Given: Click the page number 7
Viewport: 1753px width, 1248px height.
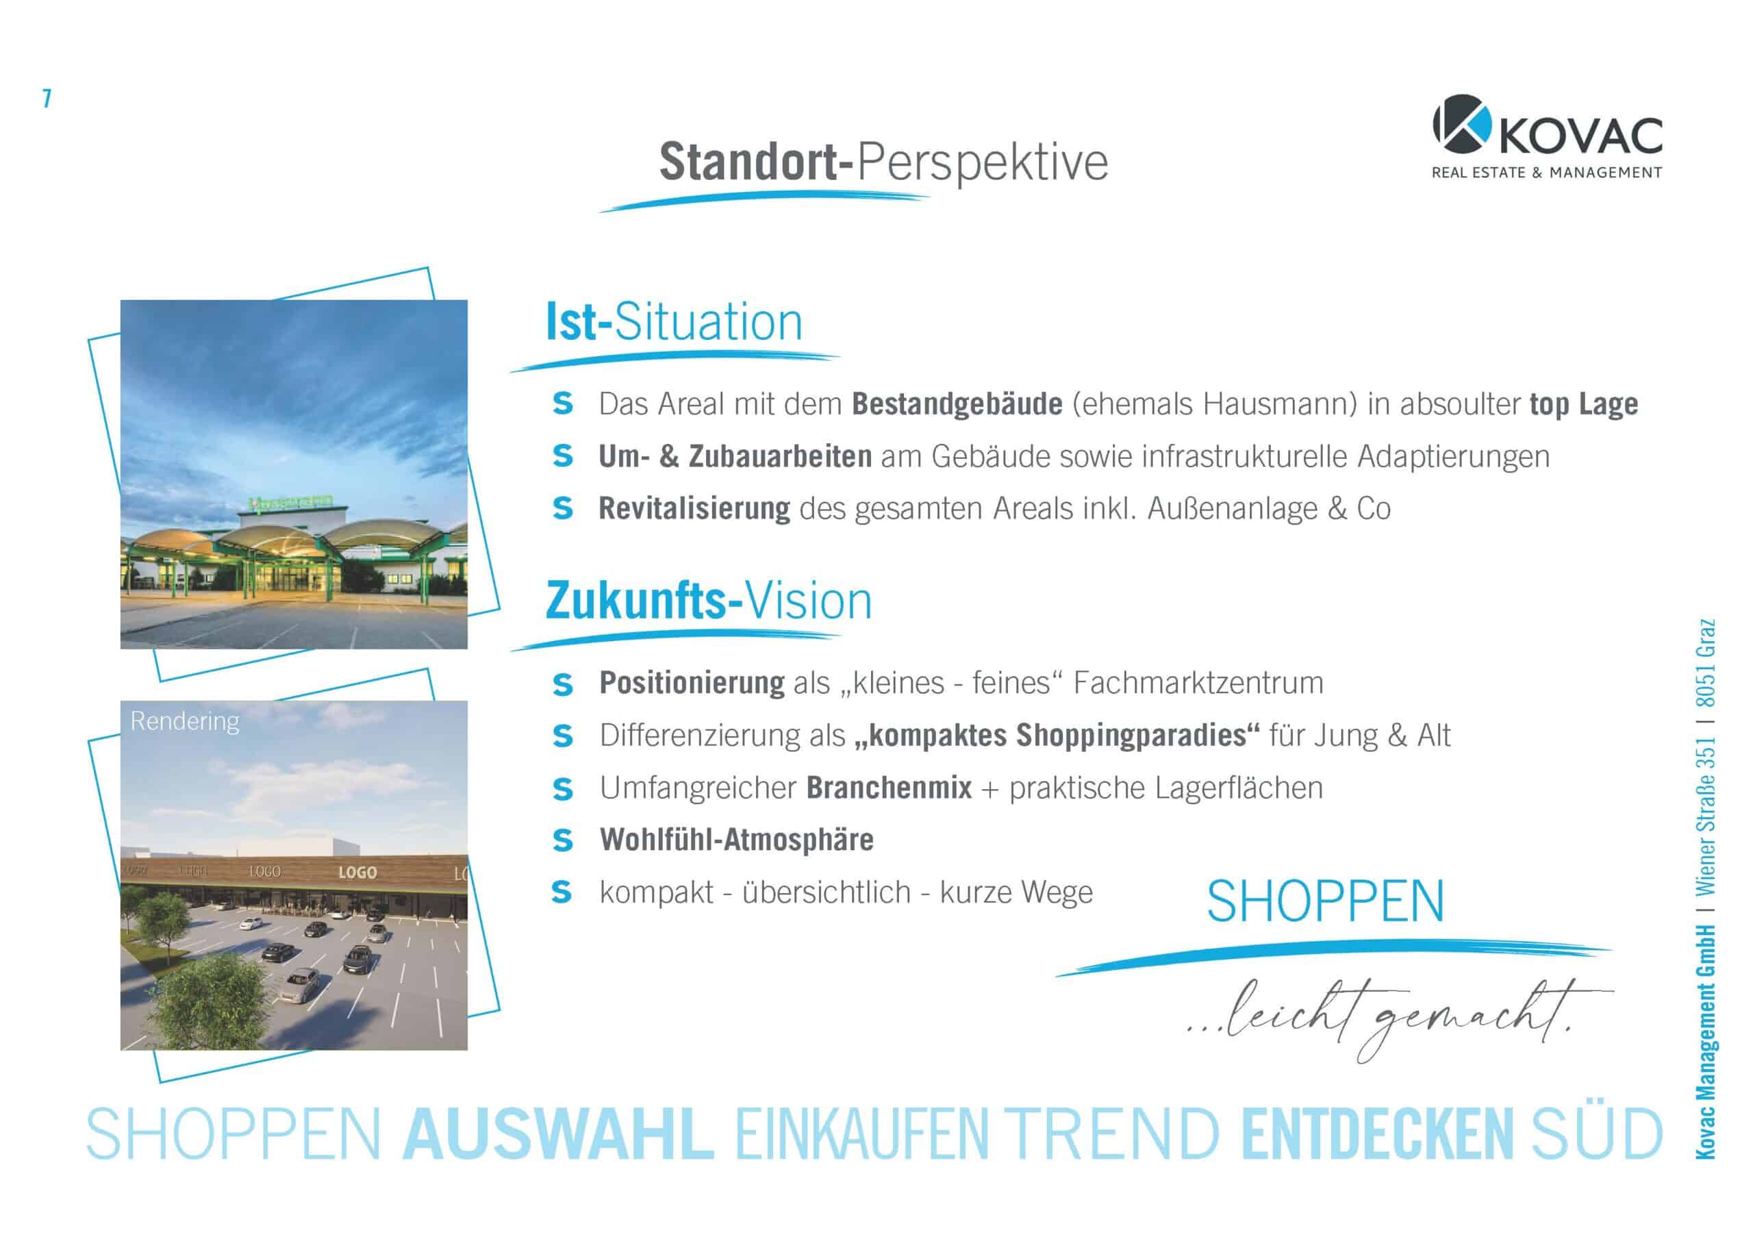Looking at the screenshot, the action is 47,99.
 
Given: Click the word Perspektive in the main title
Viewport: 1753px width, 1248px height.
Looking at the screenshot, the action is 982,162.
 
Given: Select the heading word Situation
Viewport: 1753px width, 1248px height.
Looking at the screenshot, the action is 708,322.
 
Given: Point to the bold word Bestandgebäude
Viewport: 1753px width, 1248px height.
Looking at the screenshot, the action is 957,403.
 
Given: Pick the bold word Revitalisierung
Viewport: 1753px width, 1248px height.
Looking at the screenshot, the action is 694,508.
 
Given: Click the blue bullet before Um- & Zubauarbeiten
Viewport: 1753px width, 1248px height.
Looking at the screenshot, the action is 562,456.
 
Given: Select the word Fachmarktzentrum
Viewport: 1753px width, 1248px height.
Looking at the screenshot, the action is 1198,682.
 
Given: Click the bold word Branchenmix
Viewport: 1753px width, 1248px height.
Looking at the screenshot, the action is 889,788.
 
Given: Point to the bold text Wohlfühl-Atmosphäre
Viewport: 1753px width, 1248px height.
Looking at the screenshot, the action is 737,839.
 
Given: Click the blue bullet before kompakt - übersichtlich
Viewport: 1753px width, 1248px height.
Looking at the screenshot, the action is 562,893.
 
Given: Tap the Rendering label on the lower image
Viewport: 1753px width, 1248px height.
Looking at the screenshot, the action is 184,721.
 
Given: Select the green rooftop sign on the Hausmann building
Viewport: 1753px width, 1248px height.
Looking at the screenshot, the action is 290,503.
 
